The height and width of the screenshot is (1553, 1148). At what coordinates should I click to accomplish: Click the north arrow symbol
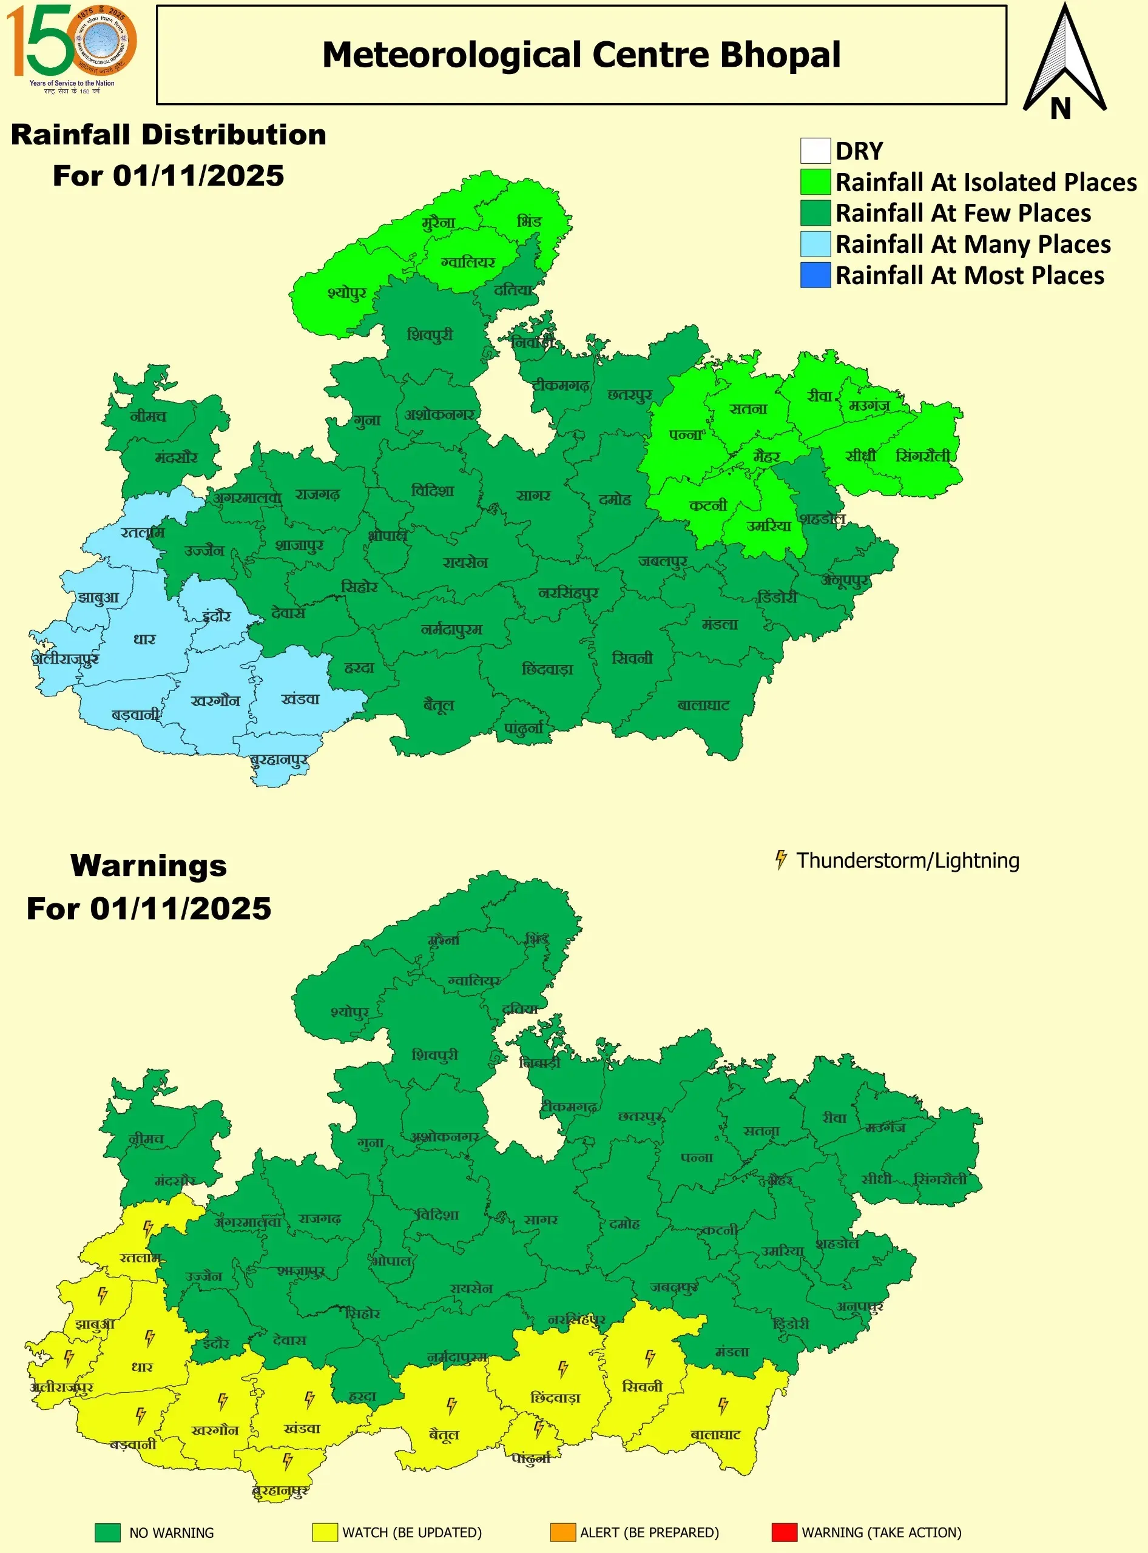1064,62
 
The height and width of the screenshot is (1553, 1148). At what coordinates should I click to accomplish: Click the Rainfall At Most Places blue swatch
815,275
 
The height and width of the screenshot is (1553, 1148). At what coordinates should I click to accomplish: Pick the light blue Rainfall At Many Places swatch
815,244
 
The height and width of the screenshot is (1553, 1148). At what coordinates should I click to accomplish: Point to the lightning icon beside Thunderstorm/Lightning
781,860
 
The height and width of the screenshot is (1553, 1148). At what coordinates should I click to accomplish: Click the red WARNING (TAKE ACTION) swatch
784,1532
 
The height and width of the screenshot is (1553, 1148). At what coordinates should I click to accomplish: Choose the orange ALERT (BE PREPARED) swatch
563,1532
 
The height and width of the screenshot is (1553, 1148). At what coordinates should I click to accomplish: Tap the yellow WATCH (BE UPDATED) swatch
325,1532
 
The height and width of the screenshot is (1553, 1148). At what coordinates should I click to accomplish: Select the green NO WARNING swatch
108,1532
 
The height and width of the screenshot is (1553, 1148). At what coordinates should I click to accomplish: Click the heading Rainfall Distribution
168,135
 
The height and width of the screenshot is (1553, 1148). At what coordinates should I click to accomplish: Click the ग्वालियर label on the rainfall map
468,263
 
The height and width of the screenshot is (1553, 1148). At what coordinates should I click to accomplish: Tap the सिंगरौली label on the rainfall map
923,456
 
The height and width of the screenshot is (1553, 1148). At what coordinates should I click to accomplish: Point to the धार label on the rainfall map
144,639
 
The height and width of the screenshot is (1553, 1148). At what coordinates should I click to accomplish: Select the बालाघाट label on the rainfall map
703,706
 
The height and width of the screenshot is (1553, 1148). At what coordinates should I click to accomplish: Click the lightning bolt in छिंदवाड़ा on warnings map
563,1369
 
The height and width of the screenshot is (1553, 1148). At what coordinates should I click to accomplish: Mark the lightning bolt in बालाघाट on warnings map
723,1406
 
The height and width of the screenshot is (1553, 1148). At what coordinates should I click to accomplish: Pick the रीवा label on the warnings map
834,1118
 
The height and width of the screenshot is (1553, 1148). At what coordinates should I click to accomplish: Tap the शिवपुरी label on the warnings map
435,1055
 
